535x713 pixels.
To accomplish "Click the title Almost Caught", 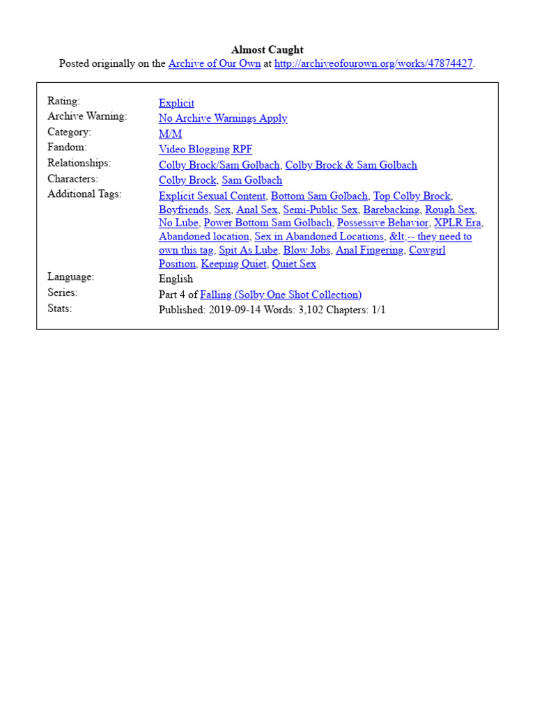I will (267, 49).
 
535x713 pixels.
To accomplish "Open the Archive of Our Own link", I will (215, 63).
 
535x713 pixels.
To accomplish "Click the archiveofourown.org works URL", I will (373, 63).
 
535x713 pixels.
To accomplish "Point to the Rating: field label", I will (63, 101).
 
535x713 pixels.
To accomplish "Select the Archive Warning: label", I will (87, 116).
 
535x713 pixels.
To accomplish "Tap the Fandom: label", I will (67, 147).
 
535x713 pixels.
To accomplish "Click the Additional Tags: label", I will (84, 194).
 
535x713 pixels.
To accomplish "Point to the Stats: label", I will (60, 308).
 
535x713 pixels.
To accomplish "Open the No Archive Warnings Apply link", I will (223, 118).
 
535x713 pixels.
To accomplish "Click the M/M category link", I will (170, 134).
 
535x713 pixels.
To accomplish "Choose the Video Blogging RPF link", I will (206, 149).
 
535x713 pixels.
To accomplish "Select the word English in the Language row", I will (176, 279).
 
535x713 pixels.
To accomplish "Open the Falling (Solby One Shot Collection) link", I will (281, 295).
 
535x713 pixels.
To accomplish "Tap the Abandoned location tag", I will (204, 237).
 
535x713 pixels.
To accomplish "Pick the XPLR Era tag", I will (458, 223).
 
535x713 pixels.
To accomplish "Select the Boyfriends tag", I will (183, 210).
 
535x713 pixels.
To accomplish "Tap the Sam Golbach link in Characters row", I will (252, 180).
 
